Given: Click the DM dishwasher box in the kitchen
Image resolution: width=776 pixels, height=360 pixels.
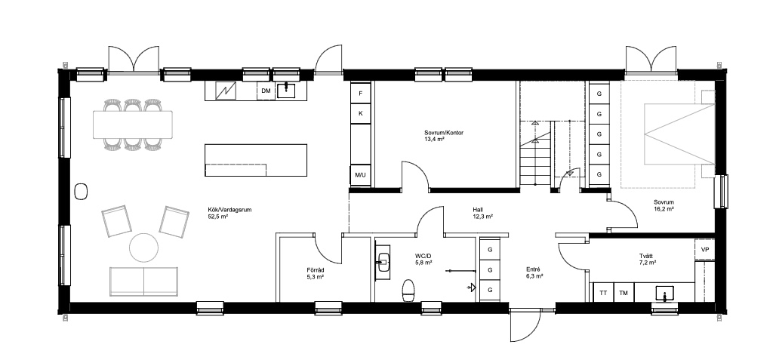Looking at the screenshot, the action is pos(266,91).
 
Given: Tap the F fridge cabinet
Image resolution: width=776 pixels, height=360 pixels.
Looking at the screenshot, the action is pos(361,93).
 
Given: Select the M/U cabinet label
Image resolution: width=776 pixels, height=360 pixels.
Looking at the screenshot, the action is pos(360,175).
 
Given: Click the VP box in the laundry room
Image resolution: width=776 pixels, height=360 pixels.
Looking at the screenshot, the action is pos(705,250).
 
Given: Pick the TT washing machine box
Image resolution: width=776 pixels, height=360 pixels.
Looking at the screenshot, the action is pos(603,293).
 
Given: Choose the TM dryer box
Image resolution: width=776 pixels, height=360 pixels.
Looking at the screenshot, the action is pos(624,293).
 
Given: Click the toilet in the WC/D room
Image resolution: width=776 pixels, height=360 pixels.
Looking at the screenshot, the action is pos(408,291).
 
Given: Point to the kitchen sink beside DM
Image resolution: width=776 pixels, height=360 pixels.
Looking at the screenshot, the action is pos(286,90).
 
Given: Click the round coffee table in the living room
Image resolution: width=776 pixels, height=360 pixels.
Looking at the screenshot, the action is pos(143,248).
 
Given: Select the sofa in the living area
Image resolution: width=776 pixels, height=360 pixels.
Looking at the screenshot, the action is pos(143,282).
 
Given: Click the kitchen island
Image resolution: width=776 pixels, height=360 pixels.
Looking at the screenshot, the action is pos(256,160).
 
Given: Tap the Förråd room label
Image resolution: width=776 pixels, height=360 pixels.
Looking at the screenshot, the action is pos(315,273).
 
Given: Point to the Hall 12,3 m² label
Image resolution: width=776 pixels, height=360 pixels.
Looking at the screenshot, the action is pos(482,213).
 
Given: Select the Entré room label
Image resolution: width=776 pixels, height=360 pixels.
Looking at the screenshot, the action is pos(534,273).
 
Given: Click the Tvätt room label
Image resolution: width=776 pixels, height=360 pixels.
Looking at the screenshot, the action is pos(647,260).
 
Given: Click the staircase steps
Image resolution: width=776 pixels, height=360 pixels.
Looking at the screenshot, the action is pos(535,154).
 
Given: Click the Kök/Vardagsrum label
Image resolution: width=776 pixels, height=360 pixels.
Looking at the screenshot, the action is pos(229,213).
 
